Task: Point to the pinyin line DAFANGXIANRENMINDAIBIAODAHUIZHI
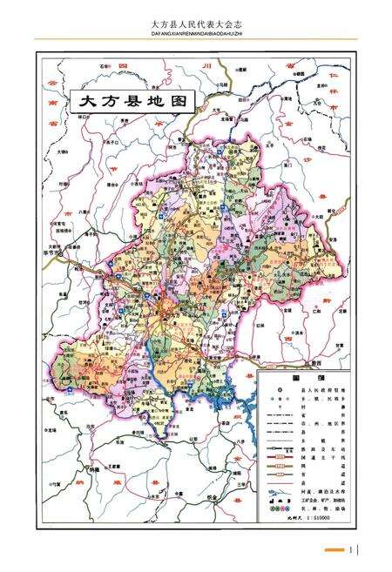(195, 36)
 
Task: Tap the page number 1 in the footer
(352, 548)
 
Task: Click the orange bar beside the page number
(333, 549)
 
